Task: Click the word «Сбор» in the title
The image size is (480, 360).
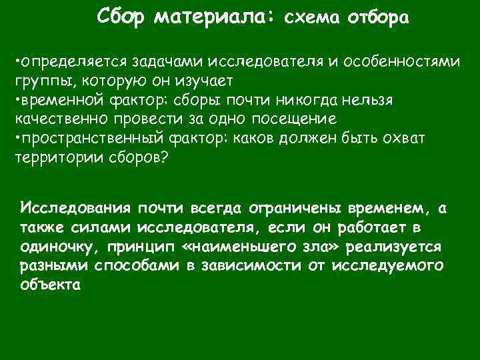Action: coord(121,15)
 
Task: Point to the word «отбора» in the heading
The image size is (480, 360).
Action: coord(377,18)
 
